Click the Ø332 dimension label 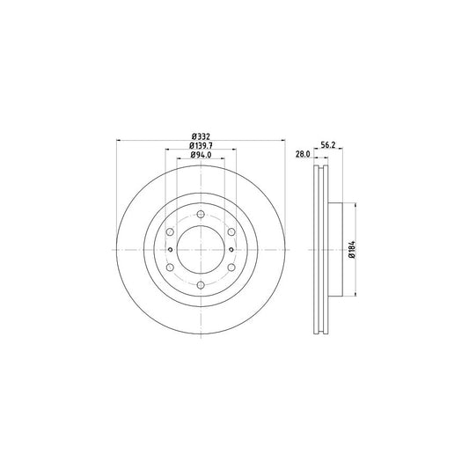pos(201,136)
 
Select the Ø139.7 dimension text pos(201,146)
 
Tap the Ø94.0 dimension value pos(201,155)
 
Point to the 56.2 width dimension pos(328,145)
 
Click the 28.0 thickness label pos(303,154)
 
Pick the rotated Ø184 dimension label pos(352,249)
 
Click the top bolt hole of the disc pos(201,214)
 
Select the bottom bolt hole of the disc pos(201,285)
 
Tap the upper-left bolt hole pos(170,231)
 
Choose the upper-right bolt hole pos(231,231)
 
